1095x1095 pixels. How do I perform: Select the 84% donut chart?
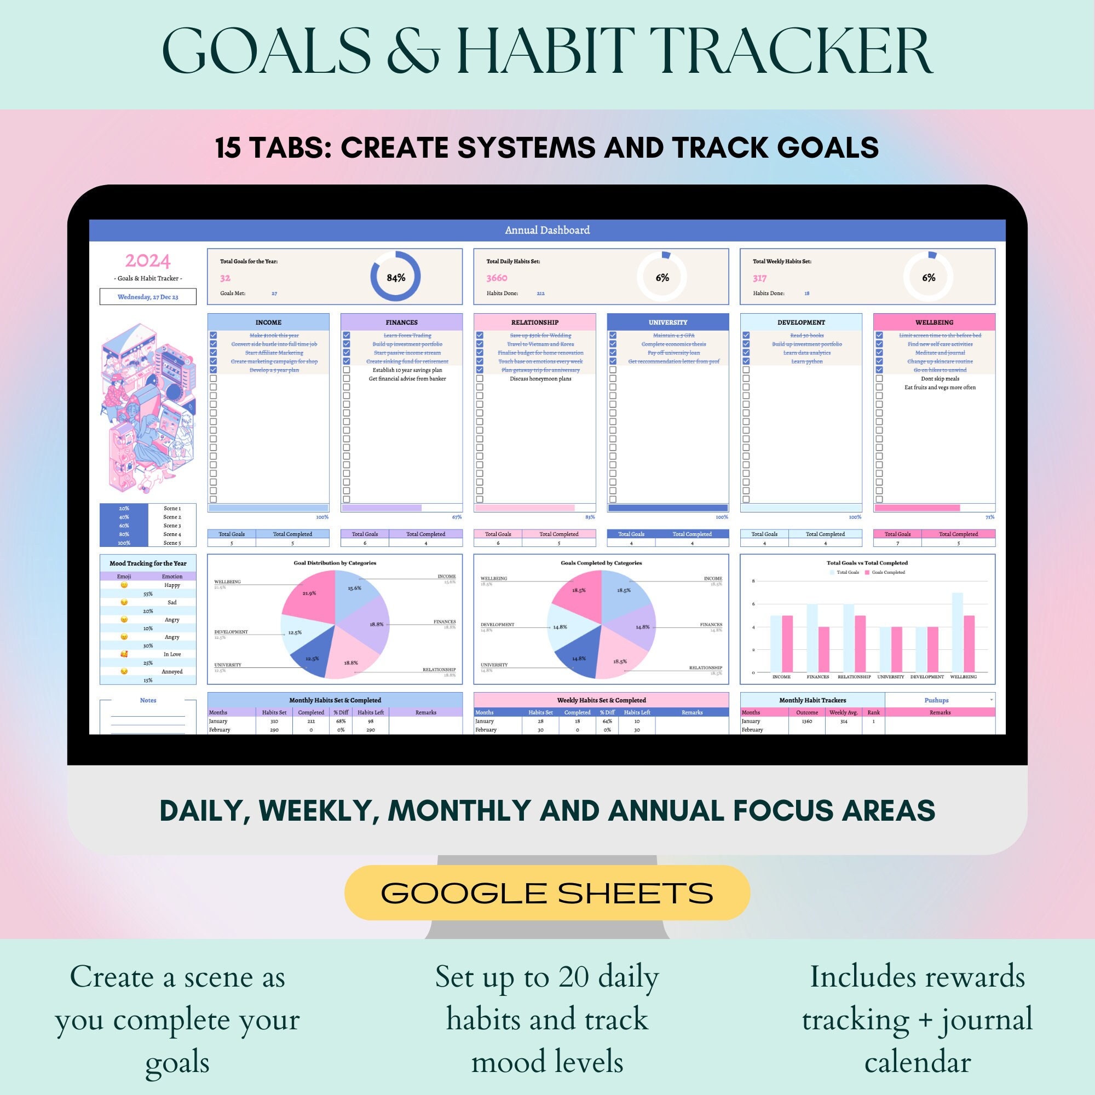pyautogui.click(x=396, y=277)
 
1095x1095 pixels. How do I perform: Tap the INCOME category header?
pyautogui.click(x=268, y=322)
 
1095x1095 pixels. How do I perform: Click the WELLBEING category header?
pyautogui.click(x=934, y=322)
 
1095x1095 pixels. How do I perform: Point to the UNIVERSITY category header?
pyautogui.click(x=667, y=322)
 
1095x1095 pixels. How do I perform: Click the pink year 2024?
pyautogui.click(x=147, y=261)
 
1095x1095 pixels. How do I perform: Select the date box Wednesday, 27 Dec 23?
pyautogui.click(x=148, y=296)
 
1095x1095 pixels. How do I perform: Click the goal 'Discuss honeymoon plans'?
pyautogui.click(x=540, y=379)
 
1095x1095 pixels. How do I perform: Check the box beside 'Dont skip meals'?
pyautogui.click(x=879, y=379)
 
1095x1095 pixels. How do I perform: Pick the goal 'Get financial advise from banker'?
pyautogui.click(x=407, y=379)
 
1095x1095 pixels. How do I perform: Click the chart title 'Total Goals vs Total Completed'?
pyautogui.click(x=867, y=563)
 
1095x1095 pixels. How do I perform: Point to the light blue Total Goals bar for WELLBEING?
pyautogui.click(x=957, y=632)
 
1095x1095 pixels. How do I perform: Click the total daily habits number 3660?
pyautogui.click(x=497, y=278)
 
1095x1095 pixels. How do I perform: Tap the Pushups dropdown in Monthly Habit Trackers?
pyautogui.click(x=939, y=700)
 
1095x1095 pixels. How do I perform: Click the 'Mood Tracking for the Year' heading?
pyautogui.click(x=148, y=563)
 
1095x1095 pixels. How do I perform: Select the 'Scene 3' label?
pyautogui.click(x=172, y=526)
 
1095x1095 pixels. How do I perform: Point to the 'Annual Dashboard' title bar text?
pyautogui.click(x=547, y=230)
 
